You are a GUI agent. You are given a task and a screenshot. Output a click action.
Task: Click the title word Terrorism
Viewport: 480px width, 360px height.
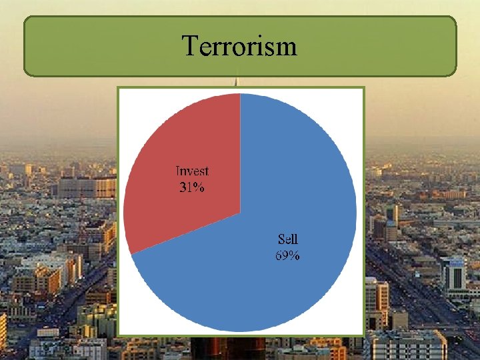point(239,46)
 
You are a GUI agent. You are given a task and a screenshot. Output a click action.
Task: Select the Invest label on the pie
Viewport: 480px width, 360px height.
point(192,172)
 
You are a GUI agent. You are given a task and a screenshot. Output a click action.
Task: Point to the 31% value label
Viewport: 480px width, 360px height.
point(192,187)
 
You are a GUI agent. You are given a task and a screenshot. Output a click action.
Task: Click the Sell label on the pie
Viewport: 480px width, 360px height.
point(288,239)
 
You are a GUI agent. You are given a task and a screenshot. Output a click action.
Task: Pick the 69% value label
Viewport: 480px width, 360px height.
point(288,255)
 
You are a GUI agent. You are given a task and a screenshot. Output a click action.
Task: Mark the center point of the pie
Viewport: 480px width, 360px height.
point(239,213)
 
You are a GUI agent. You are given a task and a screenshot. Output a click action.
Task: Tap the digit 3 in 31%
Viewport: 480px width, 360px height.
point(183,187)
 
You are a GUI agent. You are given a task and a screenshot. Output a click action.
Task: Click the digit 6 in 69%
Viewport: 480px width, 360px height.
point(279,255)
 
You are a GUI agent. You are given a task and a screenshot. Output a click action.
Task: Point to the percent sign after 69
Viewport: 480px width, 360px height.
point(295,255)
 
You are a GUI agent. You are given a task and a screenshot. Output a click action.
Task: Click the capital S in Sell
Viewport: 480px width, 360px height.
point(281,239)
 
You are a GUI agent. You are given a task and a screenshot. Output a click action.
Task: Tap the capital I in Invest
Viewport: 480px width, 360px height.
point(178,172)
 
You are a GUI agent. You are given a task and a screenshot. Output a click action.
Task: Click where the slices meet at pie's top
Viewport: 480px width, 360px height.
point(239,94)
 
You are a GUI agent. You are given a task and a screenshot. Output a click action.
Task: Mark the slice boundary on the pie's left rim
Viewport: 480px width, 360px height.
point(131,253)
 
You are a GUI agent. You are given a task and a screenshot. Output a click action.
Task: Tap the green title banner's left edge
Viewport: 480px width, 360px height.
point(25,46)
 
